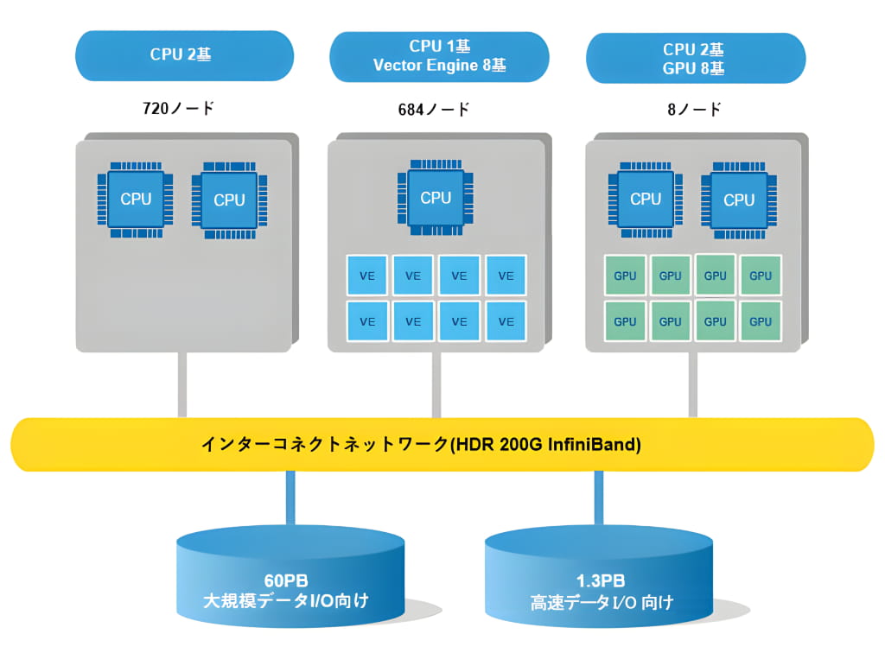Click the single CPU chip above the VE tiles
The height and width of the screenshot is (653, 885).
point(436,198)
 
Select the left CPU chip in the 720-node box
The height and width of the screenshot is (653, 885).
point(136,200)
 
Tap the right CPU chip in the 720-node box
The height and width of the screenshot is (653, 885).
point(229,200)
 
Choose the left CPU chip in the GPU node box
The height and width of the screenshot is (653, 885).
point(646,199)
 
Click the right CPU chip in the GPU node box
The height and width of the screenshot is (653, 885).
point(739,200)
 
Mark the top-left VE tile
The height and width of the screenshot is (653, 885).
point(367,276)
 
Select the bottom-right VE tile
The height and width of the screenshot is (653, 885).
point(506,321)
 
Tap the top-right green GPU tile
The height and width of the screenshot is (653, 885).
point(761,276)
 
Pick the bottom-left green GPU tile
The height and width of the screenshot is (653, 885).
point(625,321)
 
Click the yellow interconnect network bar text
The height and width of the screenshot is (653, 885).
point(421,445)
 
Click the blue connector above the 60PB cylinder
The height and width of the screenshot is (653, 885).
point(290,498)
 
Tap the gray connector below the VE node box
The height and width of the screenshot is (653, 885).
point(436,384)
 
